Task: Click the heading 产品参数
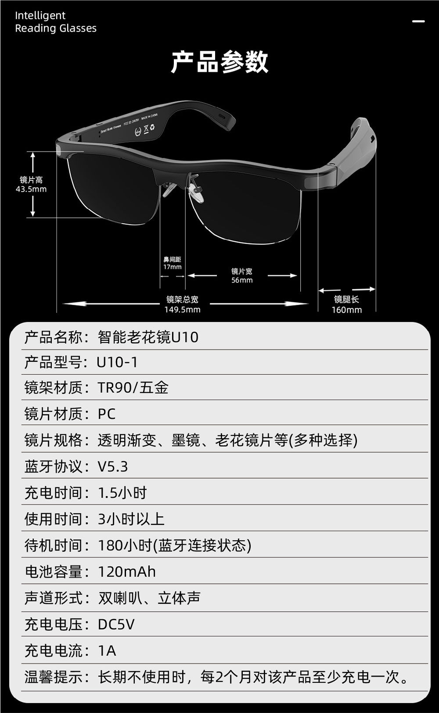(219, 62)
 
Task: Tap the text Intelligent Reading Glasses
(56, 22)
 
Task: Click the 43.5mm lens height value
(31, 189)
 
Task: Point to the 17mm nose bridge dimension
(172, 267)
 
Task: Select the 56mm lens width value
(242, 280)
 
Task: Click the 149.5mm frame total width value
(182, 310)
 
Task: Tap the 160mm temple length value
(346, 310)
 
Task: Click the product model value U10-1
(117, 362)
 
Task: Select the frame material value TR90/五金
(133, 388)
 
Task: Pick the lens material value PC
(106, 414)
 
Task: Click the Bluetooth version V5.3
(112, 467)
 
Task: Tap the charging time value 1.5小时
(122, 493)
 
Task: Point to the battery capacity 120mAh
(126, 572)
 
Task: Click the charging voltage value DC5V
(116, 624)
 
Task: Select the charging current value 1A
(107, 650)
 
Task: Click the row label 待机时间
(54, 545)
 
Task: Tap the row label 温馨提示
(54, 677)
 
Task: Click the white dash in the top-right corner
(418, 21)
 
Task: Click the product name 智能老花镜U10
(148, 337)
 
